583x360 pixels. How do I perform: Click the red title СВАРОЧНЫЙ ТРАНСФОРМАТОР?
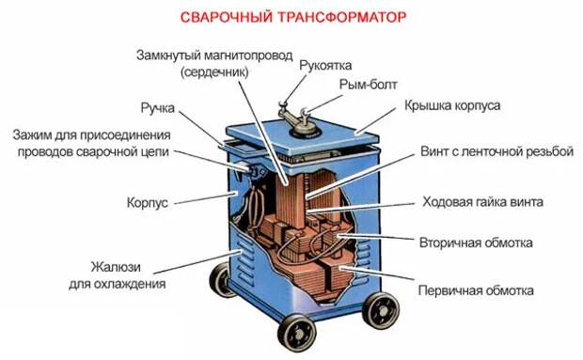click(x=293, y=17)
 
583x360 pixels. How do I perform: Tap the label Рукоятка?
click(x=325, y=66)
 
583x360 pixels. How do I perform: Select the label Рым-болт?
click(x=368, y=85)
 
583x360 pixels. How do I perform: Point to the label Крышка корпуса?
click(x=452, y=105)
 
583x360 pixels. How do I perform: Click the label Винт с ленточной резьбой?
click(x=497, y=151)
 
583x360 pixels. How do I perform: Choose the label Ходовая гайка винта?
click(x=482, y=202)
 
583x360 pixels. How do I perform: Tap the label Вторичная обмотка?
click(x=476, y=243)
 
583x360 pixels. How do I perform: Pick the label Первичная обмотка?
click(x=476, y=290)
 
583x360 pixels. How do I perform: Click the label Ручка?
click(x=158, y=108)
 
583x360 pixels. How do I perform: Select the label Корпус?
click(x=148, y=203)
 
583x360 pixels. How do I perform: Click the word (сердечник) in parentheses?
click(x=214, y=71)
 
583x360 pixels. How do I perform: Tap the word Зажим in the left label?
click(x=32, y=134)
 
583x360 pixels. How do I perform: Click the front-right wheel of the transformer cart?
click(x=381, y=310)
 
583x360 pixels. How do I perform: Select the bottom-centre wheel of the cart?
click(x=297, y=334)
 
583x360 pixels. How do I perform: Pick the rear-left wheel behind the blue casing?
click(x=220, y=279)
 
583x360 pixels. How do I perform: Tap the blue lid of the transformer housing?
click(x=302, y=139)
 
